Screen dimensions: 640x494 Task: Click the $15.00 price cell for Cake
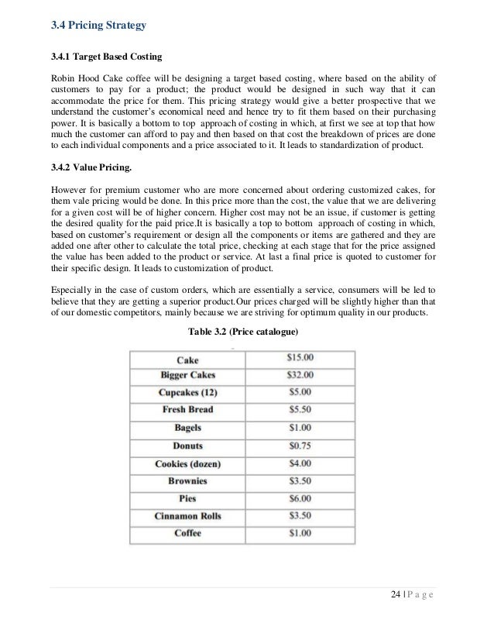(x=293, y=358)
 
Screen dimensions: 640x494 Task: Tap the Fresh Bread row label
(x=187, y=409)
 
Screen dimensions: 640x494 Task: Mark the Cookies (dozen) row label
(x=187, y=463)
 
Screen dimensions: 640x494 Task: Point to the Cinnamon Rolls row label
(x=187, y=516)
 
